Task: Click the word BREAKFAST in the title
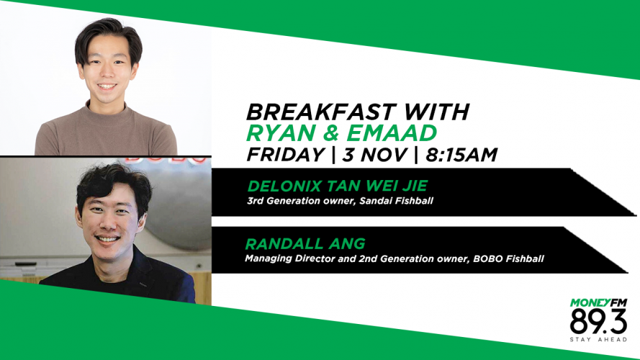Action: click(321, 112)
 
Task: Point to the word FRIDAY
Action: click(285, 155)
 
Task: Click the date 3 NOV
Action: click(374, 155)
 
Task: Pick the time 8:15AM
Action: click(461, 155)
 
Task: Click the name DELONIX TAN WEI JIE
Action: click(338, 186)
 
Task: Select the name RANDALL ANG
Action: click(305, 244)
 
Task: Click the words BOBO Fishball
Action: click(508, 258)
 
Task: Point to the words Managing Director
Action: click(290, 258)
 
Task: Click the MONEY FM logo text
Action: click(598, 303)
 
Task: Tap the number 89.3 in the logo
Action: click(598, 322)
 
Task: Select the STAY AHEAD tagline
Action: click(598, 340)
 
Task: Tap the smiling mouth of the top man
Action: click(107, 86)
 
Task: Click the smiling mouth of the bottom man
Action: click(107, 239)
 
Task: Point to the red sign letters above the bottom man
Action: click(166, 159)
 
